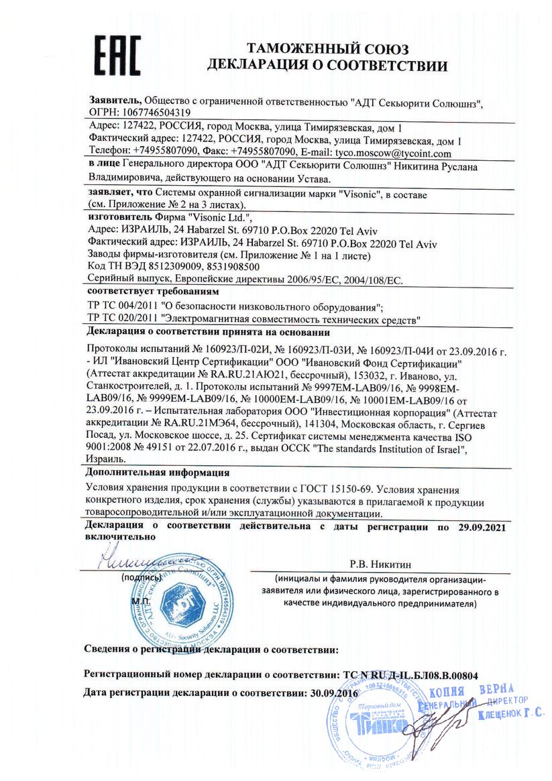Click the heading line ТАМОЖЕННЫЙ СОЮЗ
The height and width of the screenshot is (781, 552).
click(x=327, y=49)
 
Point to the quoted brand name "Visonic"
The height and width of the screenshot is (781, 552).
click(x=360, y=192)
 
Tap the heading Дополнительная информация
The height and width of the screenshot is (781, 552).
click(x=158, y=473)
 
